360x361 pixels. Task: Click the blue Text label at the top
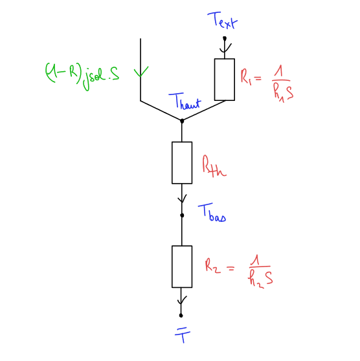(222, 20)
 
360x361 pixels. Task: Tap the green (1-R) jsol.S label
(82, 76)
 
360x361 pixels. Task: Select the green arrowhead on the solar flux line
(141, 71)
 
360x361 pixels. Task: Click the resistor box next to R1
(225, 80)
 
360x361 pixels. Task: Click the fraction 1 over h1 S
(282, 85)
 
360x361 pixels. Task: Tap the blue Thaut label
(185, 101)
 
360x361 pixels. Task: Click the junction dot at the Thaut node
(182, 120)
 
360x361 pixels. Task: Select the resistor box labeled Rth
(182, 162)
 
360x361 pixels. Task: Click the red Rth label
(214, 166)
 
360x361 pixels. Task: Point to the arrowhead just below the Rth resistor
(182, 199)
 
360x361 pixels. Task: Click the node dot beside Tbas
(182, 215)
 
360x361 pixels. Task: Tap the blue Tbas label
(212, 212)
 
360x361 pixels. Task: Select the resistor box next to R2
(182, 267)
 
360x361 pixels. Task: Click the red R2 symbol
(213, 266)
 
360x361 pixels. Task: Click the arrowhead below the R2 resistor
(182, 300)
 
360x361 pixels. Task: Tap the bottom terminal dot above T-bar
(181, 316)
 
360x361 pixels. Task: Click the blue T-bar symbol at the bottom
(183, 336)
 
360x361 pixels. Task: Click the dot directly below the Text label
(225, 38)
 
